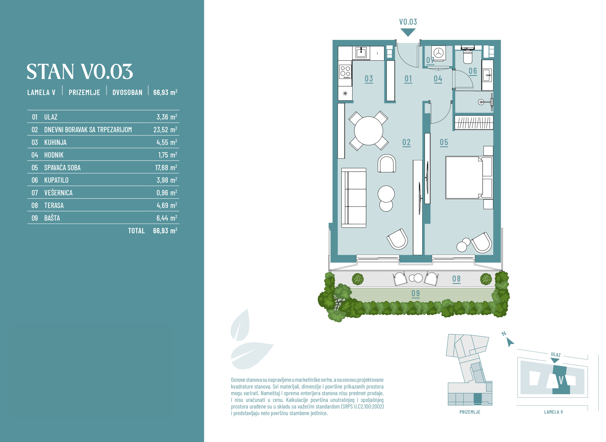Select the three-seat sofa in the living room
354,198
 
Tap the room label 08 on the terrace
456,279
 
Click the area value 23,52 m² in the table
165,130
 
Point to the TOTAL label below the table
136,231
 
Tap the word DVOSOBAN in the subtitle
127,92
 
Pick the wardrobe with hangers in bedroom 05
474,123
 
